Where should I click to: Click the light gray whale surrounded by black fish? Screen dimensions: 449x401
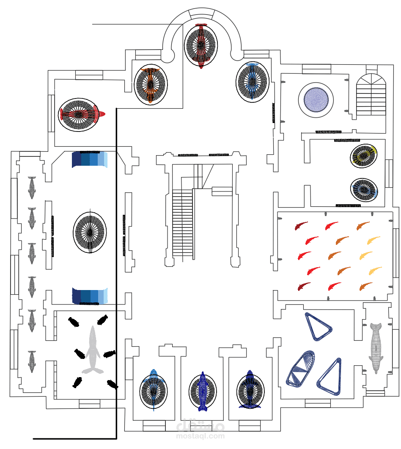coord(93,351)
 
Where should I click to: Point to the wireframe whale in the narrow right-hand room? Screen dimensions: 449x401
coord(376,348)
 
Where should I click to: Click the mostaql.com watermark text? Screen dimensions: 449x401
coord(200,435)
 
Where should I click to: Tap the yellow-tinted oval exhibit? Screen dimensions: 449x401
coord(364,155)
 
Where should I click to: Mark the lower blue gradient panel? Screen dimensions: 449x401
coord(90,296)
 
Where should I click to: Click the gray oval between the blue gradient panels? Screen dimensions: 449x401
coord(90,231)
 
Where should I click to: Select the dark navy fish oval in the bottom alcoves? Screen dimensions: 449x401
coord(251,390)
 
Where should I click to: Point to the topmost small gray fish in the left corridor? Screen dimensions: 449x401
coord(32,188)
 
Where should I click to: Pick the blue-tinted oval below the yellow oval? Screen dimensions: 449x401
coord(364,189)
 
